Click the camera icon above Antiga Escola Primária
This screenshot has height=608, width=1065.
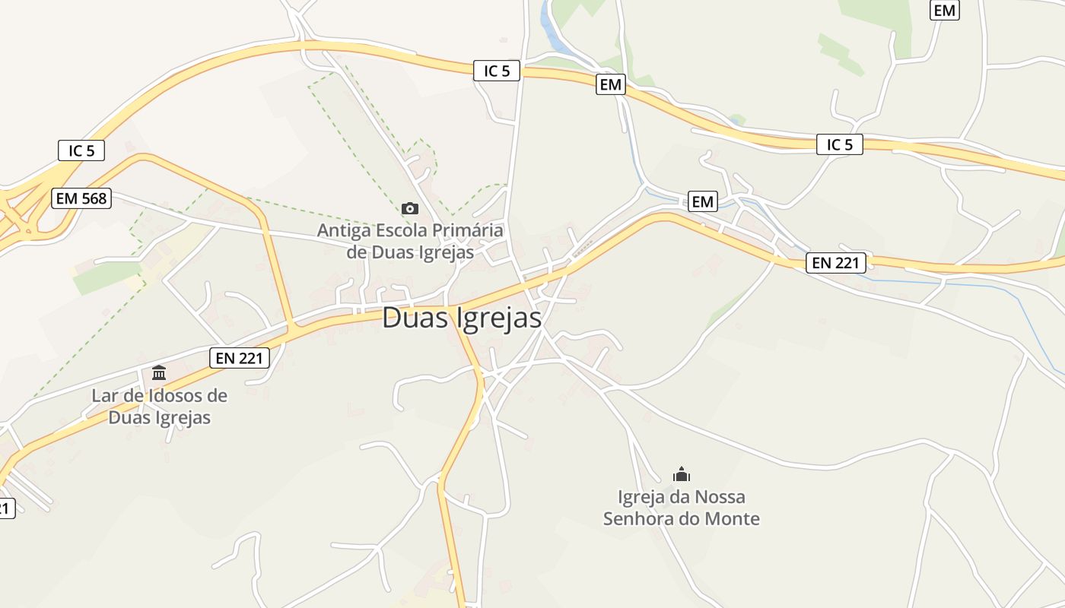tap(409, 208)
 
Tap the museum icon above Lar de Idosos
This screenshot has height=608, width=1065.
tap(159, 372)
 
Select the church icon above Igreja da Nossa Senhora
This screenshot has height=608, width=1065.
tap(682, 475)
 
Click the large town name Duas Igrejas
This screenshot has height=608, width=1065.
tap(462, 318)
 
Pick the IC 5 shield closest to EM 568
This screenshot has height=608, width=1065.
tap(81, 150)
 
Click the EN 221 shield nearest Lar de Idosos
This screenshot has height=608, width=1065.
tap(240, 358)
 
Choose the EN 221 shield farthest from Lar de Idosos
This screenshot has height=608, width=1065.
tap(836, 263)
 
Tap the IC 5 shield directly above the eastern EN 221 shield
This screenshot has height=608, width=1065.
tap(840, 144)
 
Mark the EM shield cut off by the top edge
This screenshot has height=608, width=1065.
tap(944, 10)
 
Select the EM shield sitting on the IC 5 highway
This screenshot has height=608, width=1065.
tap(610, 85)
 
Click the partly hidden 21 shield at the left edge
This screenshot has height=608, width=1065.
tap(5, 508)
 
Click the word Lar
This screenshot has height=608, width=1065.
tap(104, 396)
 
